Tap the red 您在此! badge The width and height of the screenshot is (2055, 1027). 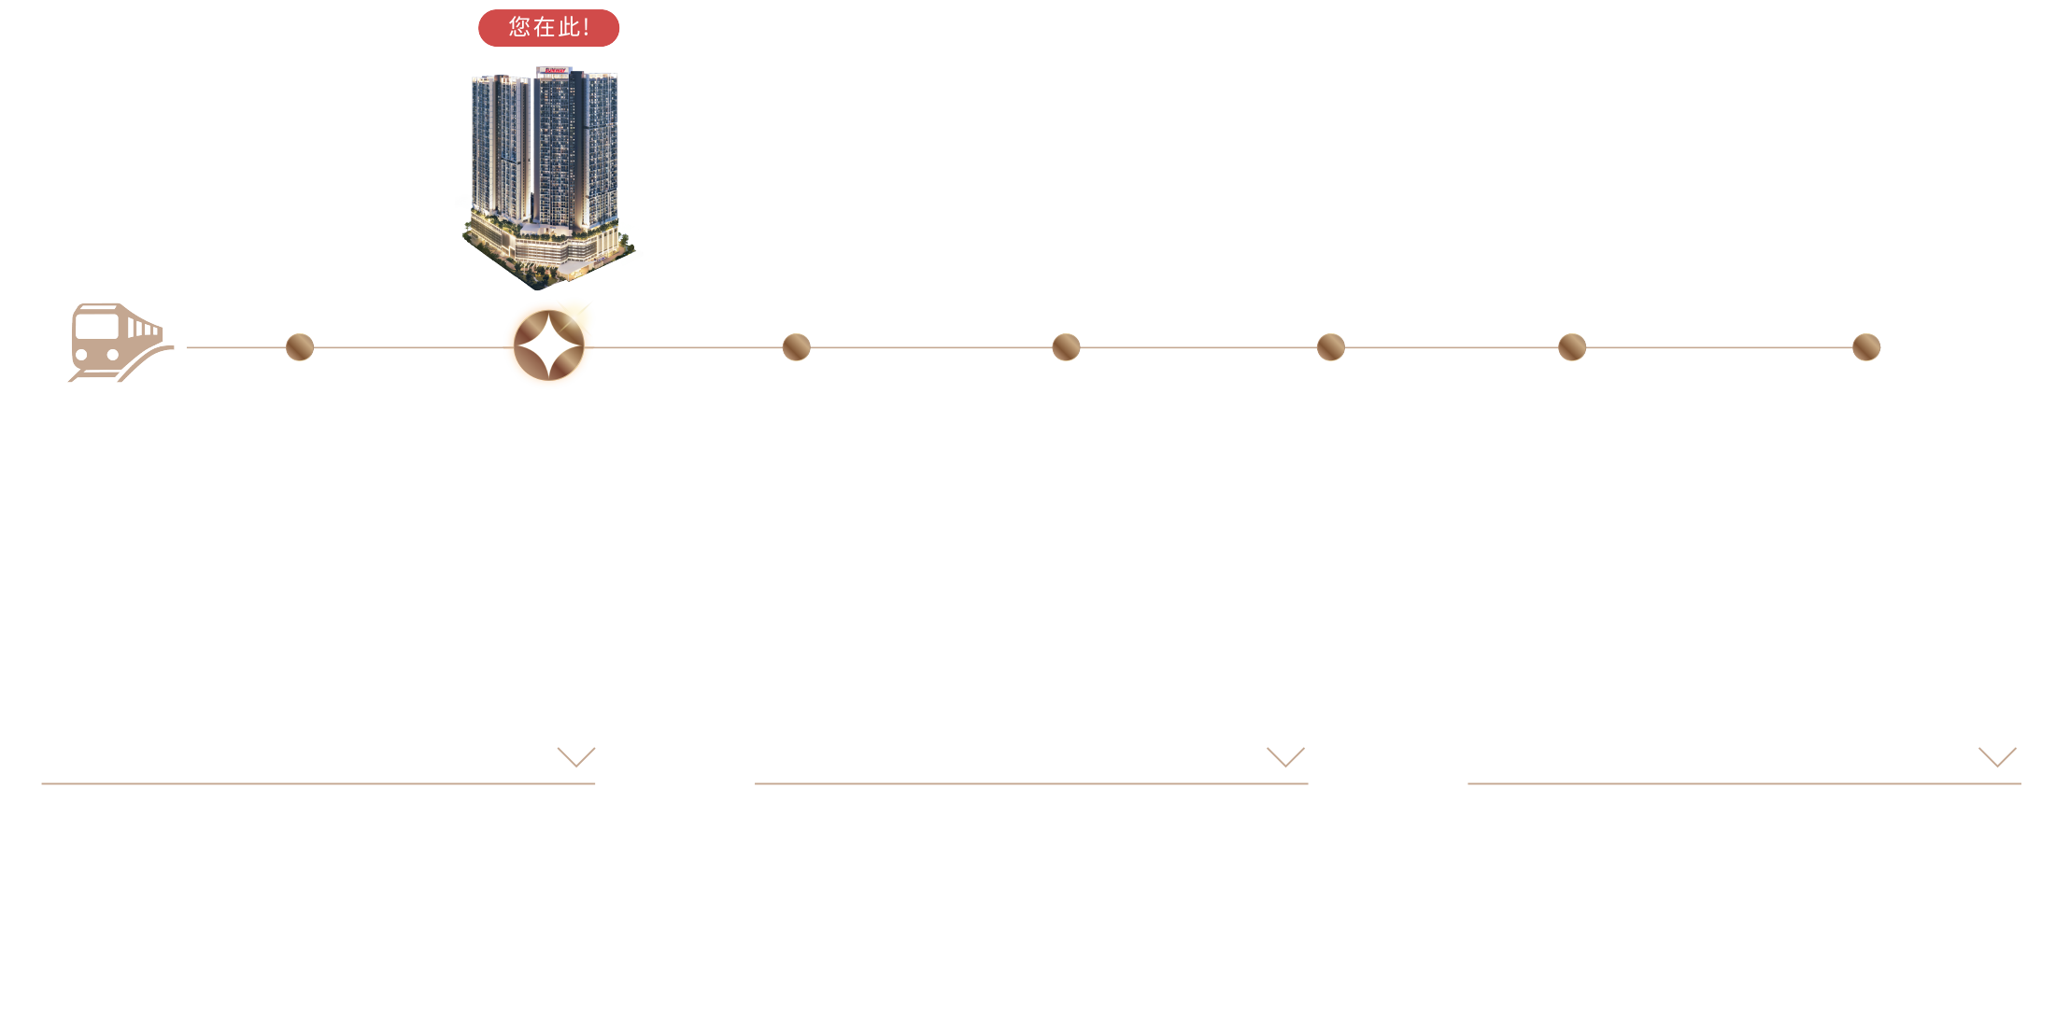click(x=549, y=28)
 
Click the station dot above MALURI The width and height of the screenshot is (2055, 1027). click(x=300, y=346)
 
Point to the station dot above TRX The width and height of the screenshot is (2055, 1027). click(x=796, y=346)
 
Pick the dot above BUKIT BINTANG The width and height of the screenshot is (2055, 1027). click(x=1066, y=346)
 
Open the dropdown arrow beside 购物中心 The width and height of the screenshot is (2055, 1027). click(x=575, y=756)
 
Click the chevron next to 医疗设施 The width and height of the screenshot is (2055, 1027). click(x=1285, y=756)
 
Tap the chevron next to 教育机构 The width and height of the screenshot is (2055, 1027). click(x=1997, y=756)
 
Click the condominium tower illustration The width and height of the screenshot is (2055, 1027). click(x=546, y=173)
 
